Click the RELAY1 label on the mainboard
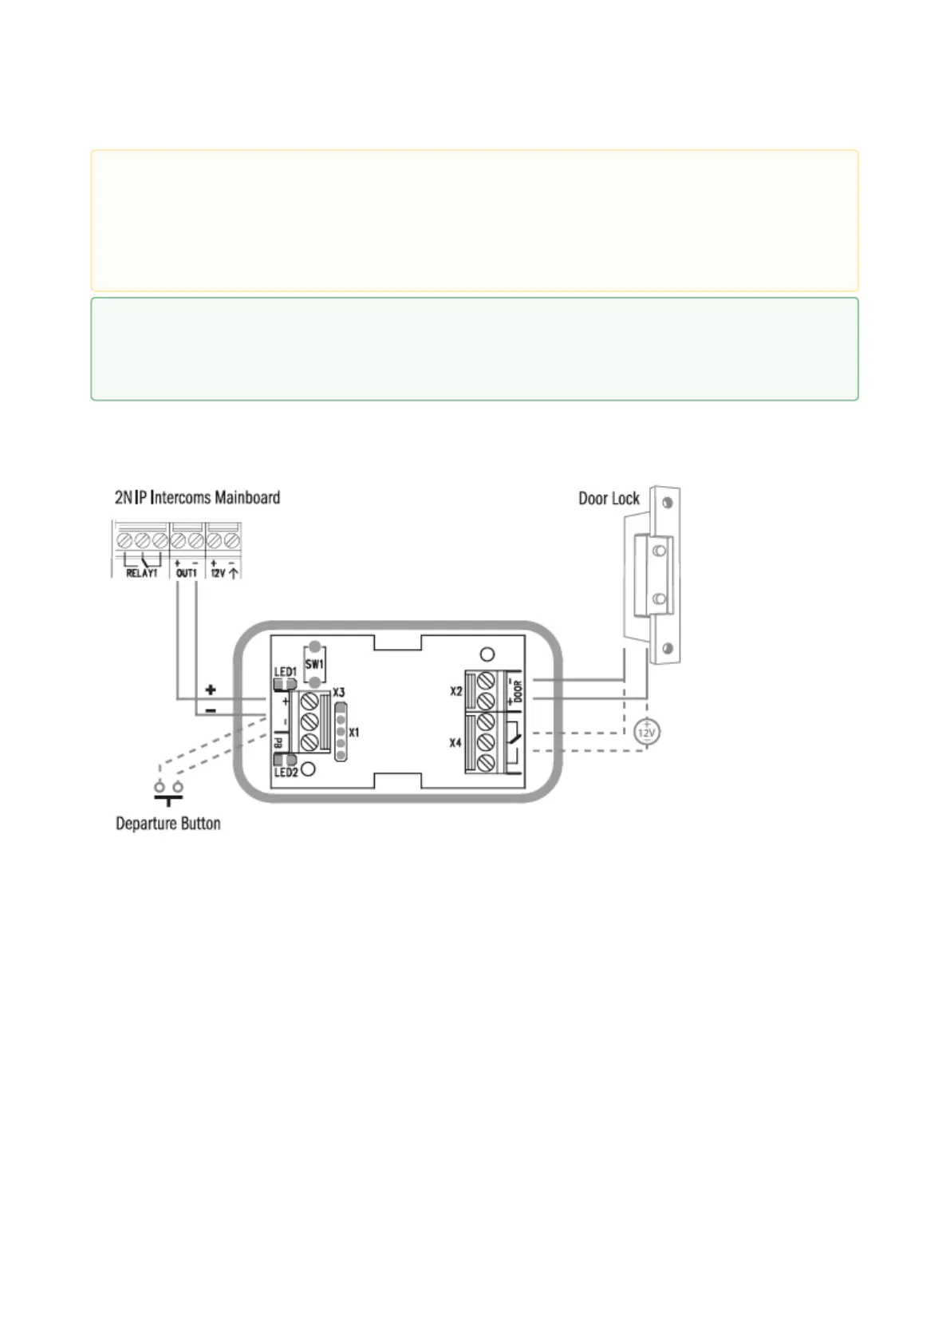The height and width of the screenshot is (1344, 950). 141,573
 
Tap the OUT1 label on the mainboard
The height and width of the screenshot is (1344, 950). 186,573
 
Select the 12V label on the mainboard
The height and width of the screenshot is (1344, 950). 218,573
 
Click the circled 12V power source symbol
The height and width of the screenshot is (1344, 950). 647,731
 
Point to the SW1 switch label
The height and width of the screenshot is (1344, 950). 314,664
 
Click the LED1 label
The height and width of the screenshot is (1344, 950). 286,673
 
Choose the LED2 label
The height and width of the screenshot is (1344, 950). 286,773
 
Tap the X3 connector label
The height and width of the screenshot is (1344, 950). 339,691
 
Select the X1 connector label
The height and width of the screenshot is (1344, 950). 354,732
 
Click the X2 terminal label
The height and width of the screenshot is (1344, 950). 456,691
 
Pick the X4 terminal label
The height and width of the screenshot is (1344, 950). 455,743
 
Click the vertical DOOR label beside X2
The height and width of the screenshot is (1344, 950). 518,691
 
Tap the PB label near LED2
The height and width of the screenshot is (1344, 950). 279,741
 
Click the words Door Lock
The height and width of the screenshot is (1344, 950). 609,499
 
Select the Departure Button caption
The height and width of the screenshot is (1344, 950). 168,824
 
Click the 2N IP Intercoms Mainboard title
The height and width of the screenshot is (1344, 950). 197,498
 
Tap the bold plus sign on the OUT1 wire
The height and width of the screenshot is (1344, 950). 211,689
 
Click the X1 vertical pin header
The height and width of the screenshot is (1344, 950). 341,732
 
